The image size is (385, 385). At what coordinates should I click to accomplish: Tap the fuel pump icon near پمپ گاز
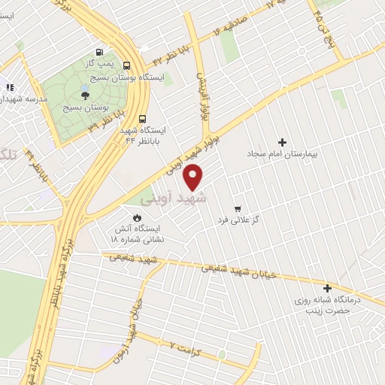click(x=99, y=52)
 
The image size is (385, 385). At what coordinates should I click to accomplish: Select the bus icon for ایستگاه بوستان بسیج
click(x=126, y=66)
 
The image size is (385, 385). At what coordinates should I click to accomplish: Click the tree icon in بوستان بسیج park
click(x=84, y=95)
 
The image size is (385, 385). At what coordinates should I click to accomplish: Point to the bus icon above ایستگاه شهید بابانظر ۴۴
click(x=144, y=118)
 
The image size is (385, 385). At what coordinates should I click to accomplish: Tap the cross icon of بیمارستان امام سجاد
click(x=283, y=142)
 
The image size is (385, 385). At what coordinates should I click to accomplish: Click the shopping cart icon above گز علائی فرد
click(x=238, y=208)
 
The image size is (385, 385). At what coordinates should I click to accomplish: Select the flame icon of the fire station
click(x=137, y=217)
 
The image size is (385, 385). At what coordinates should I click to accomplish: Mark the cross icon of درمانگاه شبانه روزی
click(x=327, y=288)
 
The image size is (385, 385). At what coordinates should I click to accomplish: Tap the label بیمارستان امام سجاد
click(x=283, y=154)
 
